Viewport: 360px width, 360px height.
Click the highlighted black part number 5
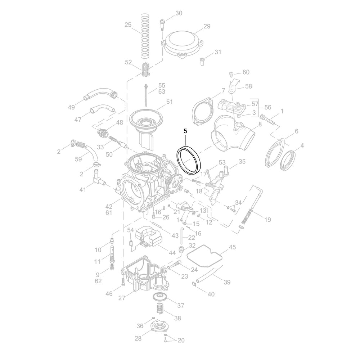pos(185,131)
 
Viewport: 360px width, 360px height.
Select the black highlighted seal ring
pos(189,160)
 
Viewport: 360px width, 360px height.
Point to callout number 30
pos(179,13)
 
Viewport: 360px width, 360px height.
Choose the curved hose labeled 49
pos(101,95)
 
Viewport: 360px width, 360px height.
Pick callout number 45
pos(232,247)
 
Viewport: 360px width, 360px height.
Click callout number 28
pos(138,338)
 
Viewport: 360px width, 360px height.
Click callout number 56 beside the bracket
pos(268,107)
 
